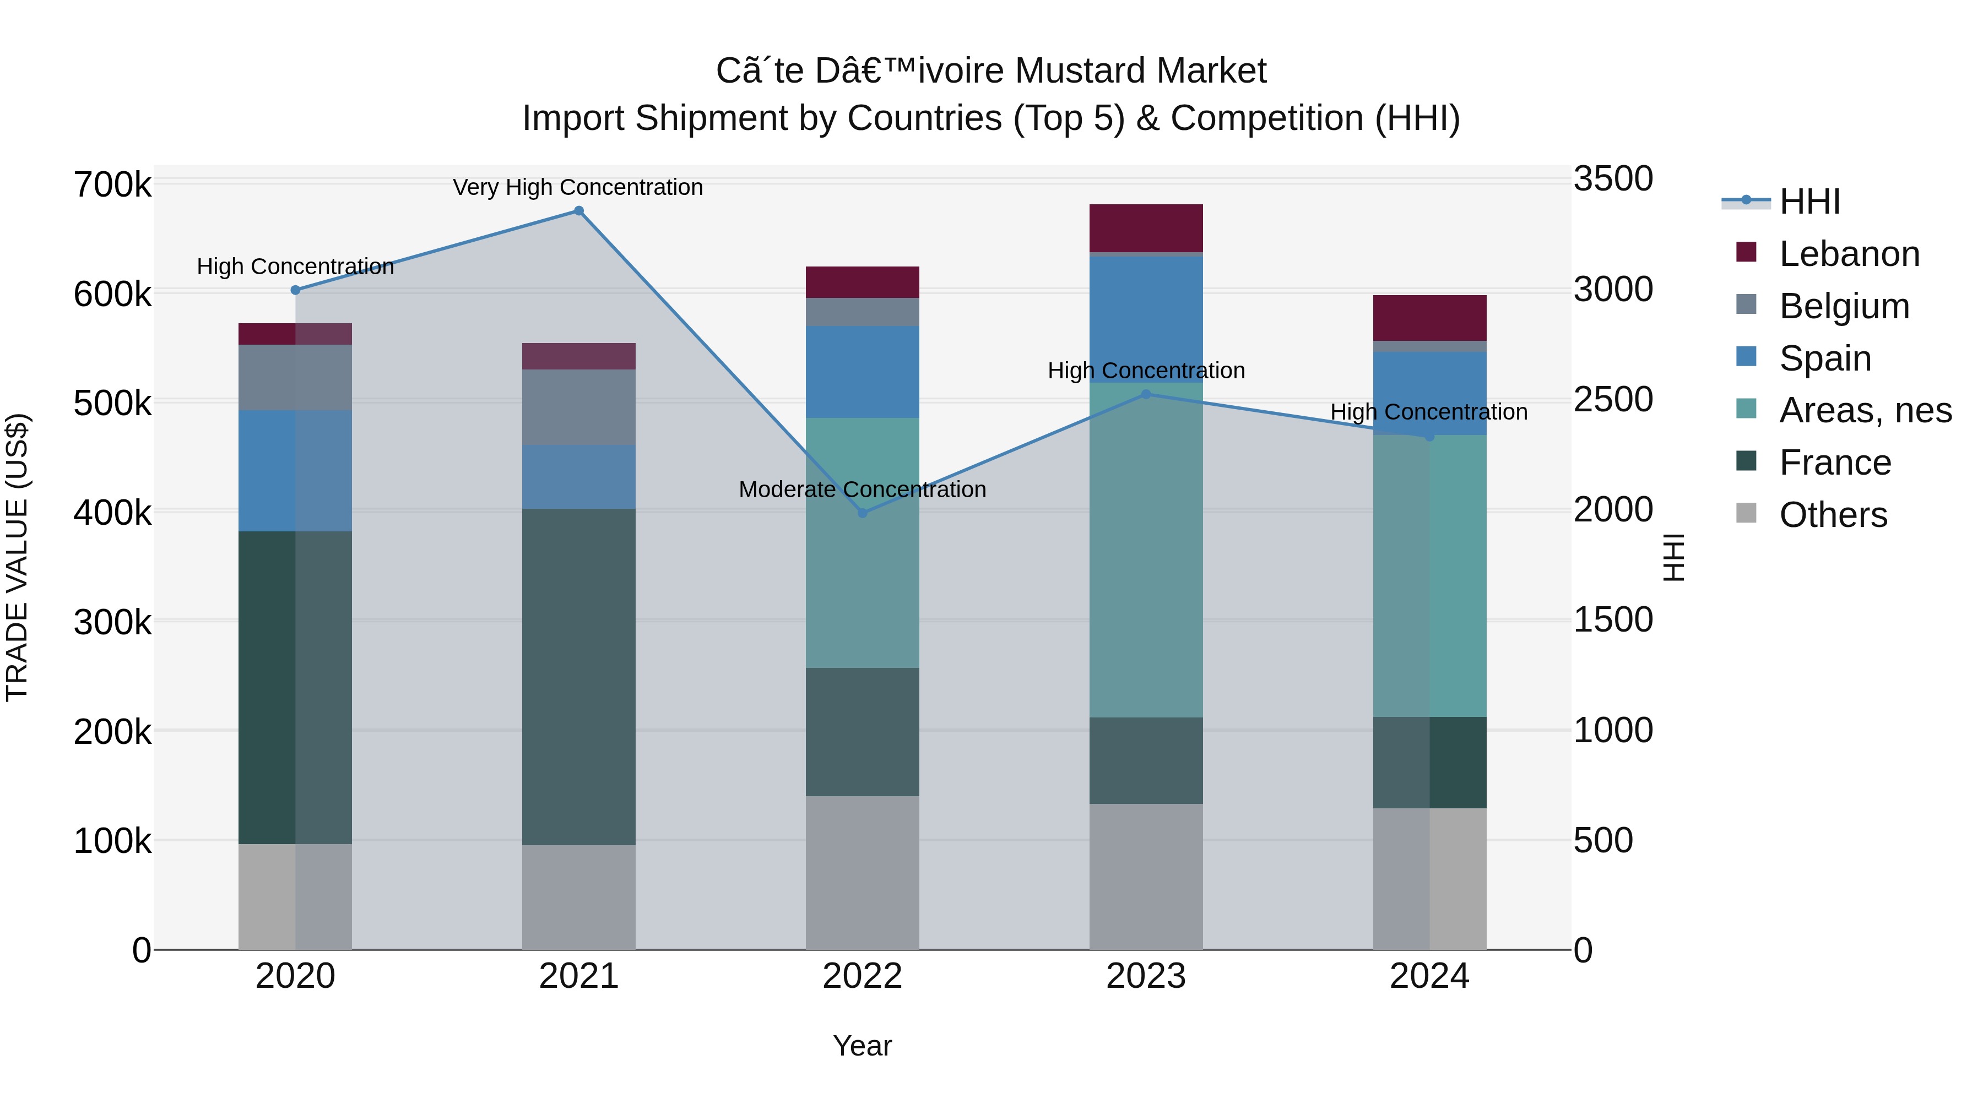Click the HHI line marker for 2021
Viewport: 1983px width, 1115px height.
click(579, 211)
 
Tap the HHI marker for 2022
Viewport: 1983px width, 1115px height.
click(862, 513)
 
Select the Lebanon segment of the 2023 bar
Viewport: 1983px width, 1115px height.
click(1146, 228)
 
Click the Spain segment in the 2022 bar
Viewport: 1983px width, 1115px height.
click(862, 372)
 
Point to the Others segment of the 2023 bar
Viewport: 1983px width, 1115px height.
click(1146, 877)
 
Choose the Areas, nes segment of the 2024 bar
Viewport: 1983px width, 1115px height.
click(1429, 575)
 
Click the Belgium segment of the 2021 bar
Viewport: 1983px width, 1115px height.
click(579, 407)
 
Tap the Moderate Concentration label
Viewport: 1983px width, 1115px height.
click(862, 490)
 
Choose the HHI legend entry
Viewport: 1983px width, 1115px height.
click(1809, 202)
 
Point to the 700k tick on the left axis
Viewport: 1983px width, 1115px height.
click(112, 186)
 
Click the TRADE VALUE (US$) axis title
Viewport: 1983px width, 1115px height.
click(17, 557)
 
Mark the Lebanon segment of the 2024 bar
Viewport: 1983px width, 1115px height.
click(1429, 318)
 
